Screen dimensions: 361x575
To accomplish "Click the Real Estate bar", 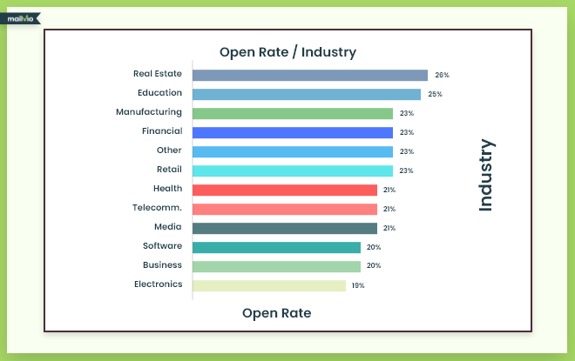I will pyautogui.click(x=309, y=76).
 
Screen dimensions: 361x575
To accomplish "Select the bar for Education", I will pyautogui.click(x=306, y=94).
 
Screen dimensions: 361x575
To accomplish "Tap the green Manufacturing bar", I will pyautogui.click(x=292, y=113).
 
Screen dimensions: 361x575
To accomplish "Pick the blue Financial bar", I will pyautogui.click(x=292, y=132).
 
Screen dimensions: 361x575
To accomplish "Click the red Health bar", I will pyautogui.click(x=284, y=190).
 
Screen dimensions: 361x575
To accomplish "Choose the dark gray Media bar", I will pyautogui.click(x=284, y=228).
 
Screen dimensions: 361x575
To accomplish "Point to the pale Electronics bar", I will pyautogui.click(x=268, y=285).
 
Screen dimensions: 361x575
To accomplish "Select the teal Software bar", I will pyautogui.click(x=276, y=247).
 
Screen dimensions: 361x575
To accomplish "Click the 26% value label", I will pyautogui.click(x=443, y=76).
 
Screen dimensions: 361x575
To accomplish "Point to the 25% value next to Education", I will pyautogui.click(x=436, y=94).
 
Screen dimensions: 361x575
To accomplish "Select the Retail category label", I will pyautogui.click(x=169, y=169).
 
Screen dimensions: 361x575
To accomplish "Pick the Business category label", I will pyautogui.click(x=162, y=264).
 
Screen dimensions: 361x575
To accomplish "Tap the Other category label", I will pyautogui.click(x=169, y=150).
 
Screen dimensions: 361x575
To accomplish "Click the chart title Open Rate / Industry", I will pyautogui.click(x=287, y=52).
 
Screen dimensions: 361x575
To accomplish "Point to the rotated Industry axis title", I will pyautogui.click(x=485, y=175).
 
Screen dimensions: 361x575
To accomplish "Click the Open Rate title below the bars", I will pyautogui.click(x=276, y=312).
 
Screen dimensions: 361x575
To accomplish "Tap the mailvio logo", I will pyautogui.click(x=20, y=17).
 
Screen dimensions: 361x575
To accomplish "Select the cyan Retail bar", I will pyautogui.click(x=292, y=170).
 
